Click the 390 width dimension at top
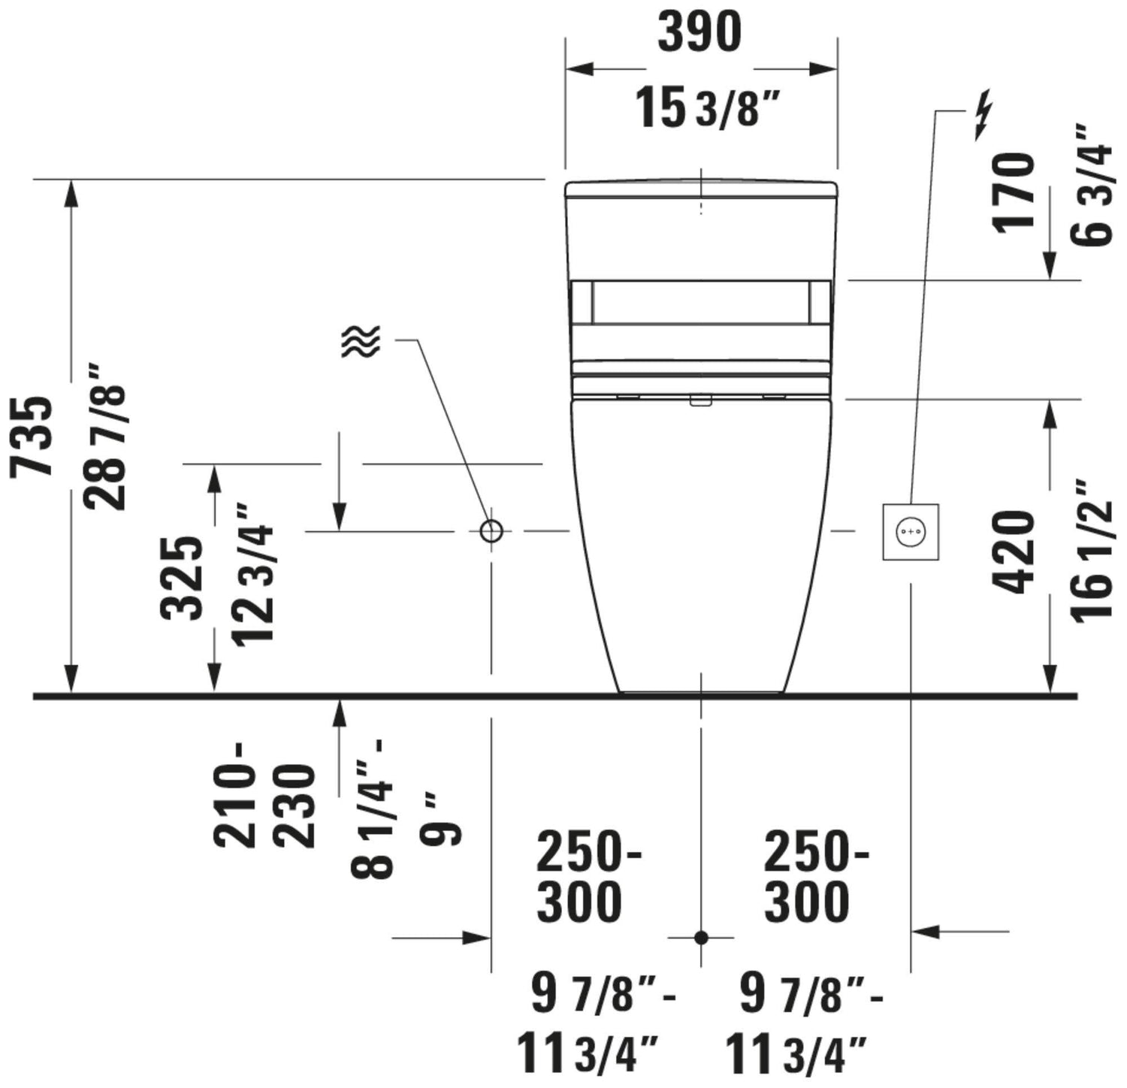point(699,32)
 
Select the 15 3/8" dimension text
point(705,106)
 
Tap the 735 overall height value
point(34,435)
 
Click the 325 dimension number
point(183,578)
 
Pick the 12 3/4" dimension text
point(253,574)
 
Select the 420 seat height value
point(1015,552)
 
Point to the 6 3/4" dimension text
point(1091,185)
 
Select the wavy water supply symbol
point(361,341)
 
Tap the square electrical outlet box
point(911,531)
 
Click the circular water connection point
point(491,531)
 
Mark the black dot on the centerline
point(701,938)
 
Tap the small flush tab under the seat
point(701,401)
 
